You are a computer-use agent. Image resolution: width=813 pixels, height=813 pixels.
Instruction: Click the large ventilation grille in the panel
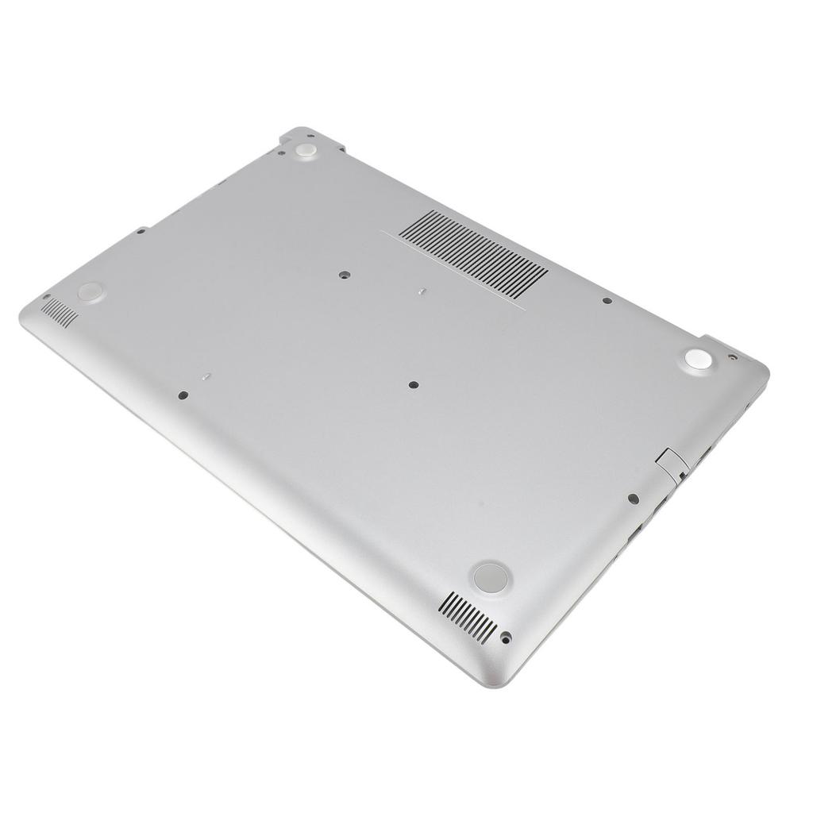474,253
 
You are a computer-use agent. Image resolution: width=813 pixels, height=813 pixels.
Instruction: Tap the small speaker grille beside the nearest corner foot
468,617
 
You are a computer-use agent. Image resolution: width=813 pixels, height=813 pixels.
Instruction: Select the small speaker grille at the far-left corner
60,313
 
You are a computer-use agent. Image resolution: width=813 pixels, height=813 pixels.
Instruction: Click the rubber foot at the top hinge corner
306,150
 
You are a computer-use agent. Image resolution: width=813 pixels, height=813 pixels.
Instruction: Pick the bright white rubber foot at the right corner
698,359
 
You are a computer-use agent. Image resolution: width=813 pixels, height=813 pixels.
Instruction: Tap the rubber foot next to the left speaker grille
91,291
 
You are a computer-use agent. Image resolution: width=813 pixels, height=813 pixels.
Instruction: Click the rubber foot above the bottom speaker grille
490,577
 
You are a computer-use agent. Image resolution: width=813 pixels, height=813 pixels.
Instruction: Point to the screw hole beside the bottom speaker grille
506,636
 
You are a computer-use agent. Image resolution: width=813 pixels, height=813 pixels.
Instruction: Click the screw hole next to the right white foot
732,356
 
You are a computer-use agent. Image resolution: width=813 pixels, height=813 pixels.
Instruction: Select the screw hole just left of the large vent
344,275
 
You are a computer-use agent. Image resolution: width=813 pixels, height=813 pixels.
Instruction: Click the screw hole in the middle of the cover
413,384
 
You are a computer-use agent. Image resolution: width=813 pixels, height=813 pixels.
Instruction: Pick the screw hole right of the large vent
607,301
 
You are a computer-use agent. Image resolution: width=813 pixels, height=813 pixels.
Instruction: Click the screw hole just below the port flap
633,499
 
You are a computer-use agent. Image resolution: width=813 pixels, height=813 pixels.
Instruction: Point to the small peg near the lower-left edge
206,377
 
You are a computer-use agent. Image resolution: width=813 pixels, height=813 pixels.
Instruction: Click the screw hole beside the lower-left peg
182,395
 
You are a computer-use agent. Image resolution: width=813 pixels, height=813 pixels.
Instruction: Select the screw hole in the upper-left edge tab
141,231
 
